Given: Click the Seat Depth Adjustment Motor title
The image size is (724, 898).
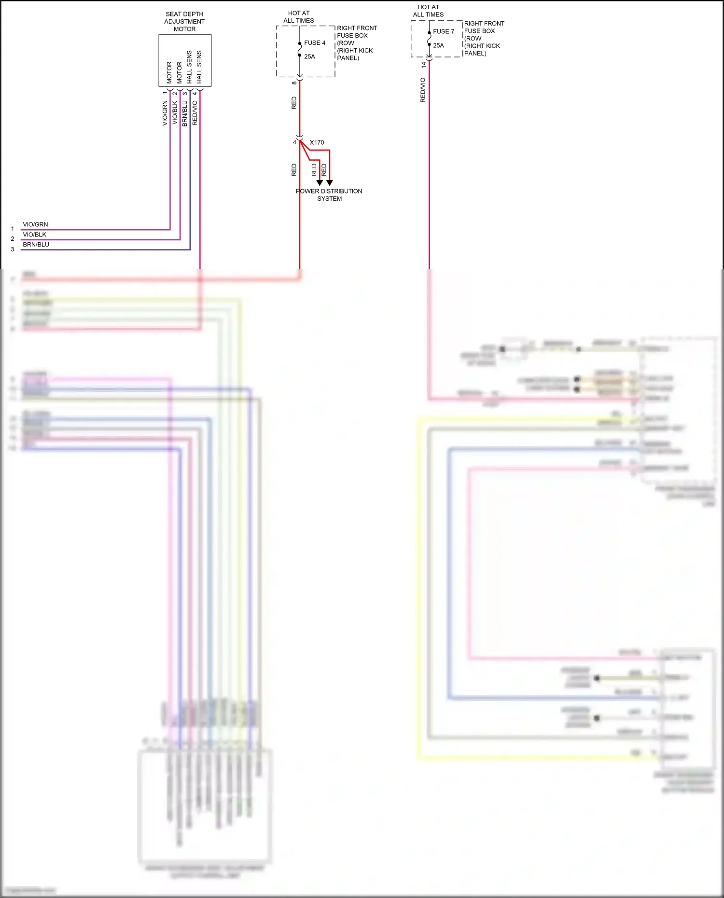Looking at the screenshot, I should (x=184, y=22).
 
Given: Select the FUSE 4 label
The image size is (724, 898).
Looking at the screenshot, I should (x=315, y=43).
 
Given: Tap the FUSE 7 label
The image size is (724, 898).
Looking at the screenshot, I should (x=444, y=31).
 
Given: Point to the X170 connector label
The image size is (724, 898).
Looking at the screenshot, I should (x=317, y=142).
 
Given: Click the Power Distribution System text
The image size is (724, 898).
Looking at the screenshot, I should (x=329, y=195).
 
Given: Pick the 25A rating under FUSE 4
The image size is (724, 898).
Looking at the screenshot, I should (x=309, y=56).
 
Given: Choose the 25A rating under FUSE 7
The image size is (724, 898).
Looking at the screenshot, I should (x=438, y=45).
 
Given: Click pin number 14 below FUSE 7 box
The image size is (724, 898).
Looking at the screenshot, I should (x=423, y=65).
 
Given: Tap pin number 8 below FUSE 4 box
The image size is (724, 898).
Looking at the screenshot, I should (x=294, y=83).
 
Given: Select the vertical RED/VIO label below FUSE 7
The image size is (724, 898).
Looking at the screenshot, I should (x=423, y=90).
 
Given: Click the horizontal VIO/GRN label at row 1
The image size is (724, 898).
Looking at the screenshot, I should (x=35, y=224).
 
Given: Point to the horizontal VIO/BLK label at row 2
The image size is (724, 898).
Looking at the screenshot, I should (x=35, y=235).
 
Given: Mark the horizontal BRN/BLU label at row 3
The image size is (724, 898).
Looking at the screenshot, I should (x=36, y=244).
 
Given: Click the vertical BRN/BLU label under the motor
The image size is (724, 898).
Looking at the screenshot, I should (x=184, y=113).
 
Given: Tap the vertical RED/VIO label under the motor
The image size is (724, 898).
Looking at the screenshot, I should (x=195, y=113).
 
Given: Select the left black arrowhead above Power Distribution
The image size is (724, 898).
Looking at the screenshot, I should (x=320, y=183).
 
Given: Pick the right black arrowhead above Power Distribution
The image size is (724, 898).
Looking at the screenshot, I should (x=330, y=183).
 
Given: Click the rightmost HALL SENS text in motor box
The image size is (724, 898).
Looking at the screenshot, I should (x=199, y=67).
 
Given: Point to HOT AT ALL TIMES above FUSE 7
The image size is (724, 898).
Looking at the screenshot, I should (x=428, y=11).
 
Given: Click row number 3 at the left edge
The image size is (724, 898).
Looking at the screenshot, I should (x=13, y=249).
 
